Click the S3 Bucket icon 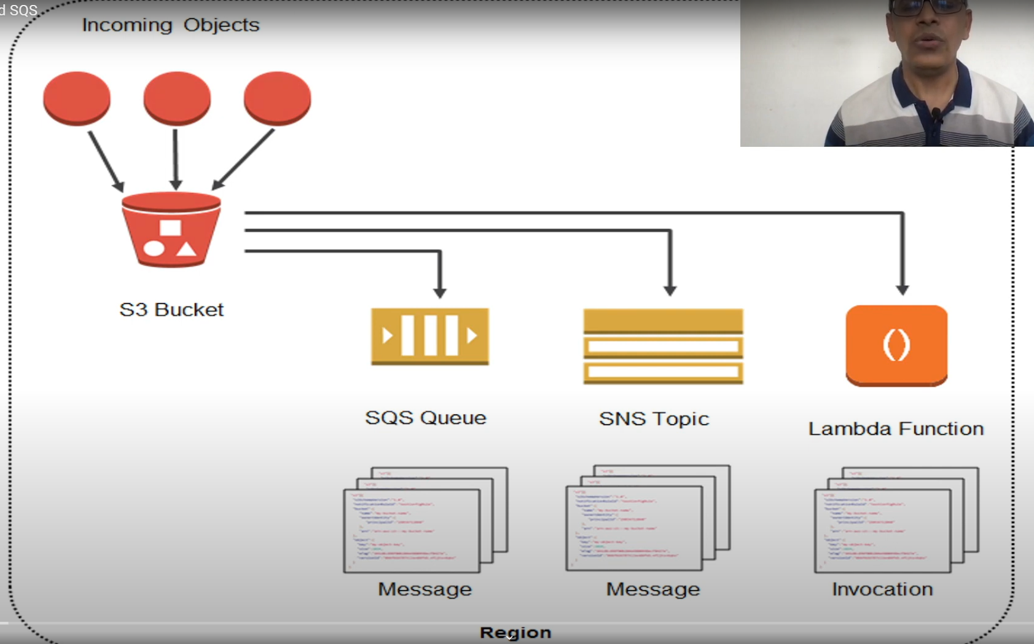[x=171, y=230]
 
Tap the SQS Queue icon [x=429, y=336]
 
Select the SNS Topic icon [x=663, y=346]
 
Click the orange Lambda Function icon [x=896, y=345]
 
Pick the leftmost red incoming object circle [x=77, y=98]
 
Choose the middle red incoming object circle [x=177, y=98]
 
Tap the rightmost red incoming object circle [x=277, y=98]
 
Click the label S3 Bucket [x=171, y=310]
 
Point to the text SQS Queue [x=426, y=418]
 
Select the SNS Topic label [x=654, y=419]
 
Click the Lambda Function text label [x=896, y=429]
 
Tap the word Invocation [x=882, y=589]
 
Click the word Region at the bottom [x=515, y=632]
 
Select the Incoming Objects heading [x=171, y=25]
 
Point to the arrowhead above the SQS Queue [x=440, y=292]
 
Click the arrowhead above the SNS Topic [x=670, y=289]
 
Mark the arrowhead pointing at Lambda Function [x=903, y=289]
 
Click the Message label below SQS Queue [x=425, y=589]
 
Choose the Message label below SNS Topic [x=652, y=589]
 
